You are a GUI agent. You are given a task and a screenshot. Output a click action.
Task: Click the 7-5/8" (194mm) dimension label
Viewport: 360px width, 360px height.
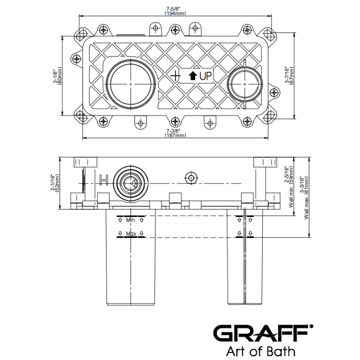[x=175, y=11]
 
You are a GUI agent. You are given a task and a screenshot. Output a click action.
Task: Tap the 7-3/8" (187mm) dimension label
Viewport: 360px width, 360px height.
[x=175, y=133]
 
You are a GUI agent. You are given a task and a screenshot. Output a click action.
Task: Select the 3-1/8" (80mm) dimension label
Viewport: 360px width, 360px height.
[x=57, y=76]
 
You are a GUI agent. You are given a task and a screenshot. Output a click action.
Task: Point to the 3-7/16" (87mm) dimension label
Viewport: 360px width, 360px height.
[x=289, y=75]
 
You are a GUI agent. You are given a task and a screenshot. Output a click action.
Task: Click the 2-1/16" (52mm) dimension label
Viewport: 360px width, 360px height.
[x=54, y=183]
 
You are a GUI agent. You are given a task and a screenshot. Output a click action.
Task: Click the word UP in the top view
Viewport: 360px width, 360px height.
[x=205, y=76]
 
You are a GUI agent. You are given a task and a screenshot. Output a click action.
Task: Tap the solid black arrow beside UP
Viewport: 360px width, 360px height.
[x=192, y=76]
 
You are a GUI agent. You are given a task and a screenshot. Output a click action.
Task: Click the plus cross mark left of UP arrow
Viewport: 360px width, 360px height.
[x=175, y=76]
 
